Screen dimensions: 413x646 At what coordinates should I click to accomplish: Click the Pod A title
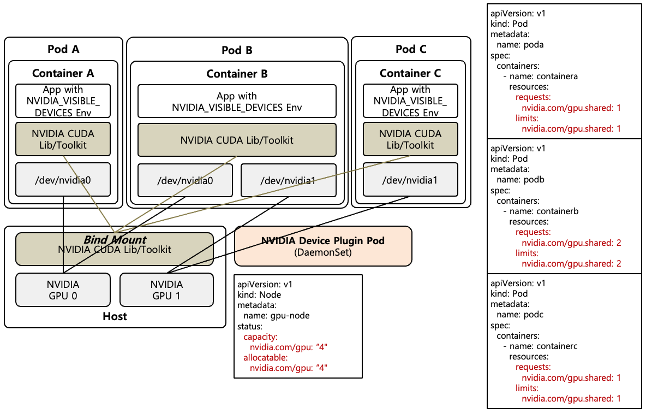63,49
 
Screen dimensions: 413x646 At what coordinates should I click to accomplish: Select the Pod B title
237,50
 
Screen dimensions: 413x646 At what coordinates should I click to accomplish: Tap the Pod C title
411,49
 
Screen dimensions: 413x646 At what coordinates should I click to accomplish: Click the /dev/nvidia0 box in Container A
63,180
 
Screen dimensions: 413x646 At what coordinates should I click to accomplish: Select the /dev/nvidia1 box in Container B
288,180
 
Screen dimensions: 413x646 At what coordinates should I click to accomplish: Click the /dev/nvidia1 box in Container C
410,180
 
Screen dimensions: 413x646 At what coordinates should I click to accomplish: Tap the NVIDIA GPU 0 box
63,290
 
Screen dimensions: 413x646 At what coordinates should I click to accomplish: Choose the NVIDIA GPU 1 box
166,290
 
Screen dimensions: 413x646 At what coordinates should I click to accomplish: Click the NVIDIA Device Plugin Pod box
323,246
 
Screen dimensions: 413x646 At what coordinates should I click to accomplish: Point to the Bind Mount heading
114,240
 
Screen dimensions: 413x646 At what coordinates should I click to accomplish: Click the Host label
115,316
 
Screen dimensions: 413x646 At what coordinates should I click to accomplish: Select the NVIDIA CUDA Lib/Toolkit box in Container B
237,140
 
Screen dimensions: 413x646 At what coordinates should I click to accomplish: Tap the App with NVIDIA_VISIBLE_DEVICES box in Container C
410,101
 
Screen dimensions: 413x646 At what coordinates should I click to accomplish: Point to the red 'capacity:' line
260,337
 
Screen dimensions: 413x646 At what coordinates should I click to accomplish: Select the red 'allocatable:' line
265,357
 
